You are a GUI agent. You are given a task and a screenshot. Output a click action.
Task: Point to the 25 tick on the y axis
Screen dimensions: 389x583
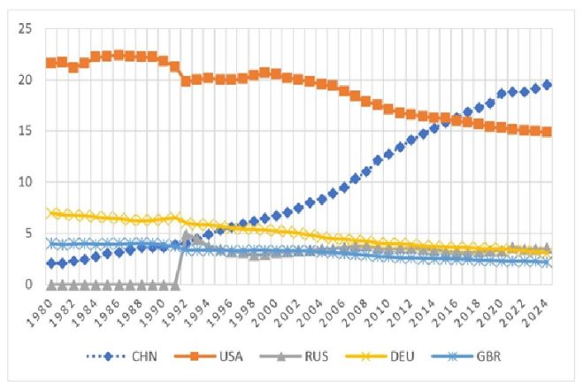(x=25, y=29)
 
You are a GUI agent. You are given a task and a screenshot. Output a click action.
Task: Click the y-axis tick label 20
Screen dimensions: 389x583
(x=25, y=80)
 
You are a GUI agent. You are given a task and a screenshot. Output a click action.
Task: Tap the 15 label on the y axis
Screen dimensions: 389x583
(x=25, y=132)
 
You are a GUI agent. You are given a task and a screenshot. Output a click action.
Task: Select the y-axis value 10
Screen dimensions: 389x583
(x=25, y=183)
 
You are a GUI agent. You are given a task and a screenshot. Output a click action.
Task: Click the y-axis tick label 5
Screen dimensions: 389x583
(x=28, y=234)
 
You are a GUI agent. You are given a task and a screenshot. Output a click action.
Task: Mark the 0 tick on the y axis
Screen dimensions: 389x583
(x=28, y=285)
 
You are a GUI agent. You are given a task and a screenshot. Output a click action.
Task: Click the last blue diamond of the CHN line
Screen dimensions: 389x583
(x=547, y=85)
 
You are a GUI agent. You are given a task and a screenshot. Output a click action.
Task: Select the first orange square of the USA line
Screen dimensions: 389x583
(x=50, y=63)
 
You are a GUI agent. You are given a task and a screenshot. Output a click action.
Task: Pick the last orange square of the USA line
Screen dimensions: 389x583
(x=547, y=132)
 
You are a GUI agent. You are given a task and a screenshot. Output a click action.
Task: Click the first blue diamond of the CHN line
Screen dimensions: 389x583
(x=50, y=263)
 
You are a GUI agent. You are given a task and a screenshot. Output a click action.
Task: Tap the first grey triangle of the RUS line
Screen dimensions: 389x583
(x=50, y=285)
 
